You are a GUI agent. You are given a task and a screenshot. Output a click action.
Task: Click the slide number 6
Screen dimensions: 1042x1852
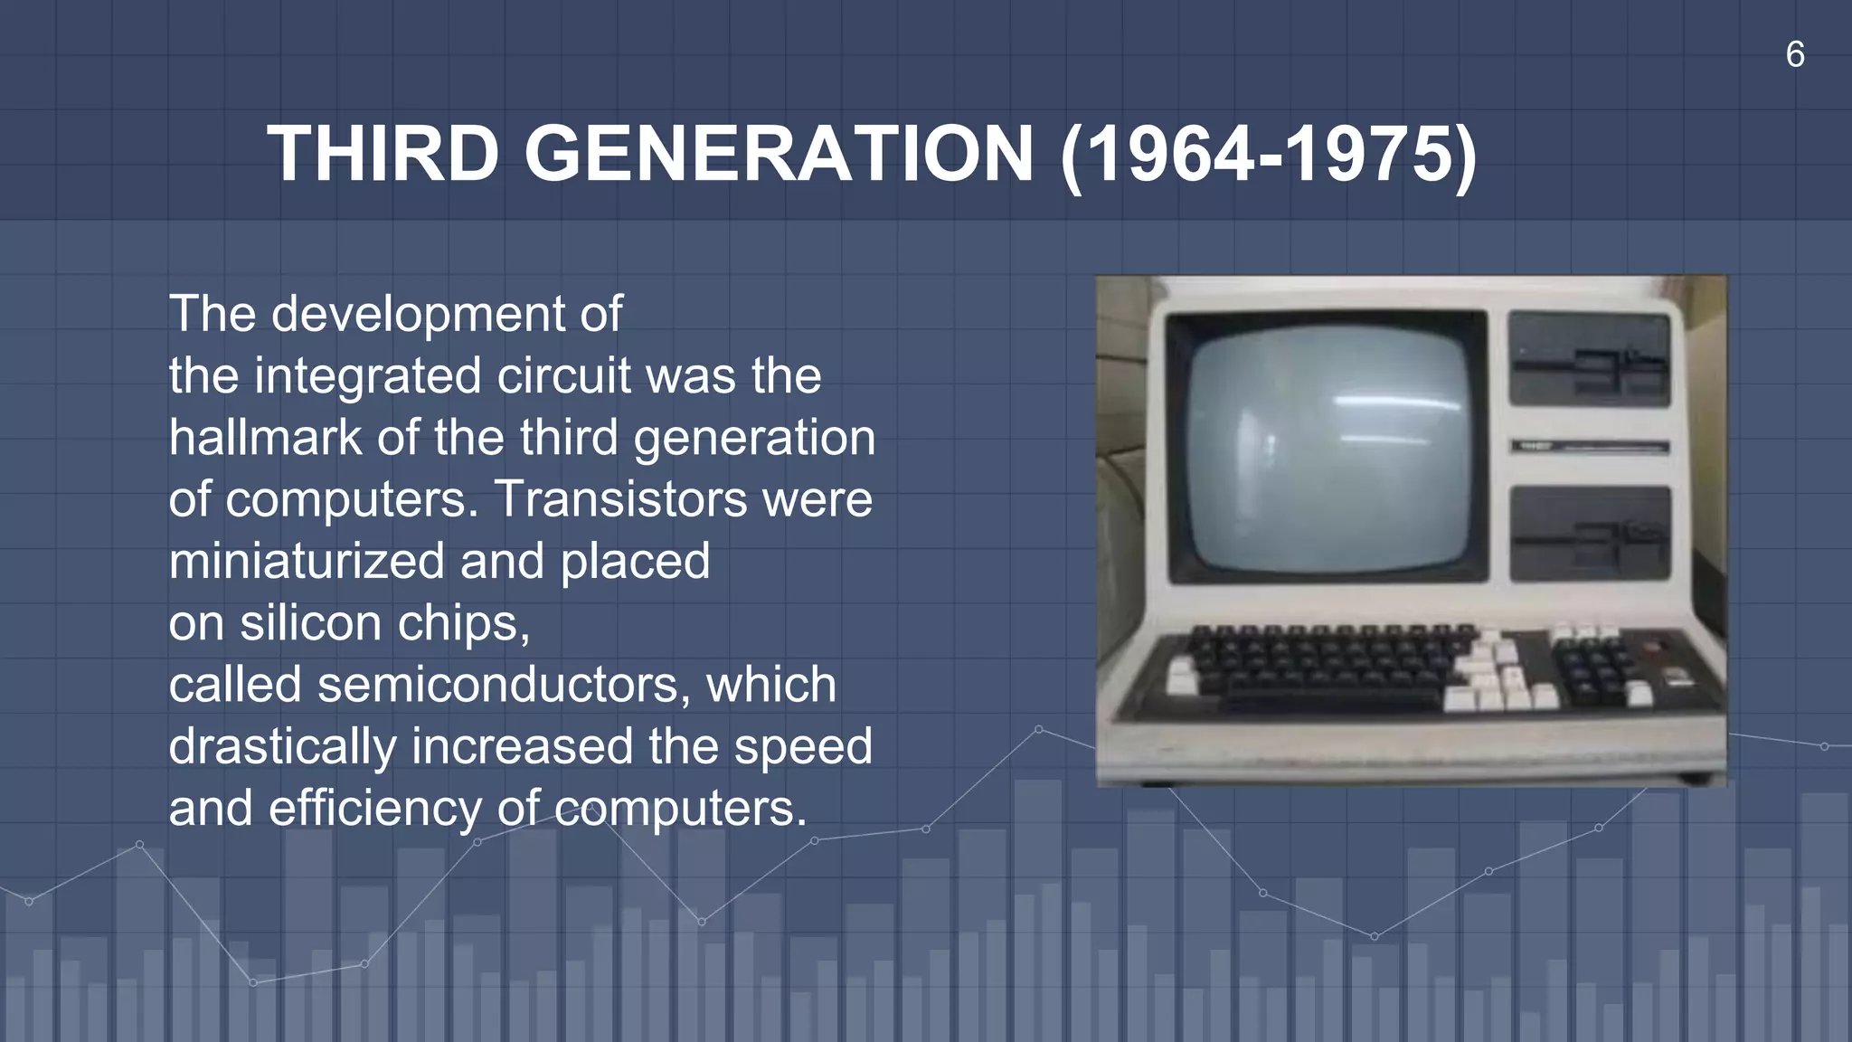[1795, 55]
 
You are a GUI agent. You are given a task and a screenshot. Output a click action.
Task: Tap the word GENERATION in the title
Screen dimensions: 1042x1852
[779, 154]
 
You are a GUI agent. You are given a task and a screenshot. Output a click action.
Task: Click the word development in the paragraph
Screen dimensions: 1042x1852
[420, 315]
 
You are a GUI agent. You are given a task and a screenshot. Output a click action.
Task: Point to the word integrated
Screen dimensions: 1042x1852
[367, 376]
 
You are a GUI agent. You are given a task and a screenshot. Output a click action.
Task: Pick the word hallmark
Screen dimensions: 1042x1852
[265, 438]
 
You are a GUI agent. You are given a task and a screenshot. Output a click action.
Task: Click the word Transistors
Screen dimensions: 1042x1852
[620, 499]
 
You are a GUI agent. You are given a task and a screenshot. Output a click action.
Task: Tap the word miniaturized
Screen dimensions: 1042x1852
[306, 561]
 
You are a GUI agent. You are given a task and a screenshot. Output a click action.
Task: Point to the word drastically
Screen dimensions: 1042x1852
[282, 747]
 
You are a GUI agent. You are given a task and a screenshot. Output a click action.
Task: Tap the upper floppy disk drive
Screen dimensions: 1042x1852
[1589, 359]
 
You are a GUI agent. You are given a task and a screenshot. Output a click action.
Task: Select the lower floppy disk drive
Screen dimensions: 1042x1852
[1589, 534]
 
